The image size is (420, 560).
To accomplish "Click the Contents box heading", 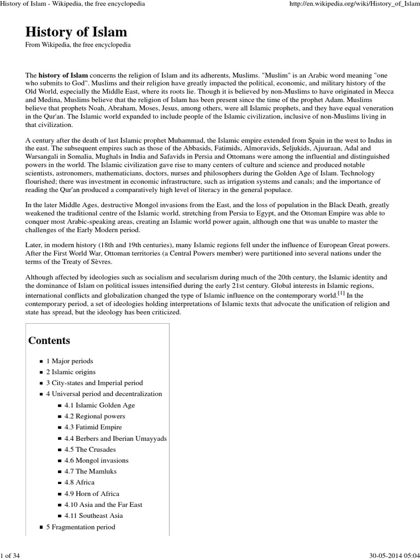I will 49,340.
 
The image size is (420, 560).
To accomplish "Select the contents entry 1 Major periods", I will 69,361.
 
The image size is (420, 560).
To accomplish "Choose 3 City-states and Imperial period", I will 94,383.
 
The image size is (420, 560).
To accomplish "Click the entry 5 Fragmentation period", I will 80,527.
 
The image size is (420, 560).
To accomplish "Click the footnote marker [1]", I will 341,292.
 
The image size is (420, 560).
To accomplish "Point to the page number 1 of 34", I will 10,555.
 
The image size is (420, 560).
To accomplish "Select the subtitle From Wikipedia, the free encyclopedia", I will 78,45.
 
